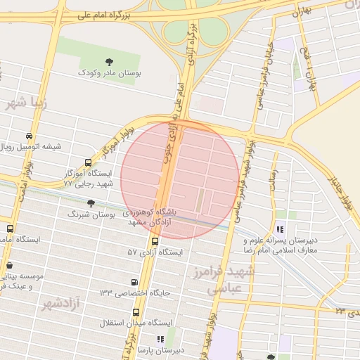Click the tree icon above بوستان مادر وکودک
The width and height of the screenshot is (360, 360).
108,62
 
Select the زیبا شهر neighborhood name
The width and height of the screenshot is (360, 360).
27,103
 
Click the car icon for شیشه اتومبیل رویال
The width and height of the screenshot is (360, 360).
27,136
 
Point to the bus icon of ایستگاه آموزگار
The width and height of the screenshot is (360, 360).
87,162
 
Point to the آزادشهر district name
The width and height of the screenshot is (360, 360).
60,304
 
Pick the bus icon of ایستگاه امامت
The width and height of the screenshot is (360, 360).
9,229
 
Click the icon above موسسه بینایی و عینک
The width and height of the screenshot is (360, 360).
9,265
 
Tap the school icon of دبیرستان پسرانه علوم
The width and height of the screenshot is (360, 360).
281,229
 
